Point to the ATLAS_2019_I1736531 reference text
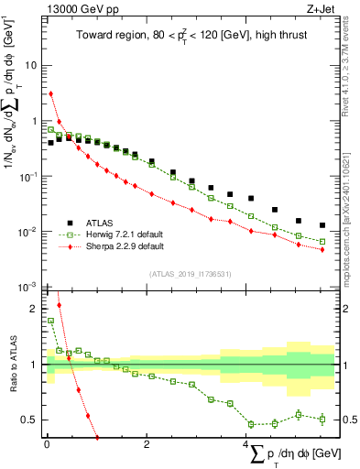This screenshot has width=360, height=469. click(191, 275)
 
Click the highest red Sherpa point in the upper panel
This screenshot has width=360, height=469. click(51, 93)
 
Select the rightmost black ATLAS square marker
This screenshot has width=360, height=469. click(322, 225)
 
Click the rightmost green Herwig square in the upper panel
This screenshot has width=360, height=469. click(322, 242)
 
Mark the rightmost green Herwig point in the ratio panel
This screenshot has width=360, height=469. click(322, 420)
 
